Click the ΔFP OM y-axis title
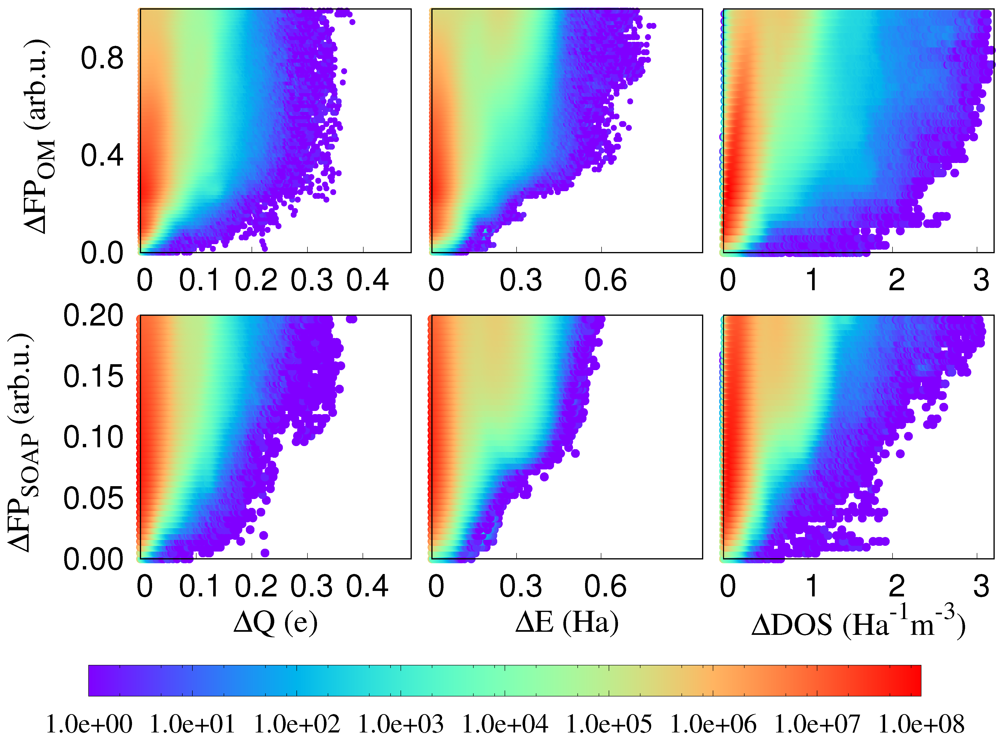point(39,136)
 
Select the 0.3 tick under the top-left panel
point(312,280)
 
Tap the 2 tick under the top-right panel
point(896,280)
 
